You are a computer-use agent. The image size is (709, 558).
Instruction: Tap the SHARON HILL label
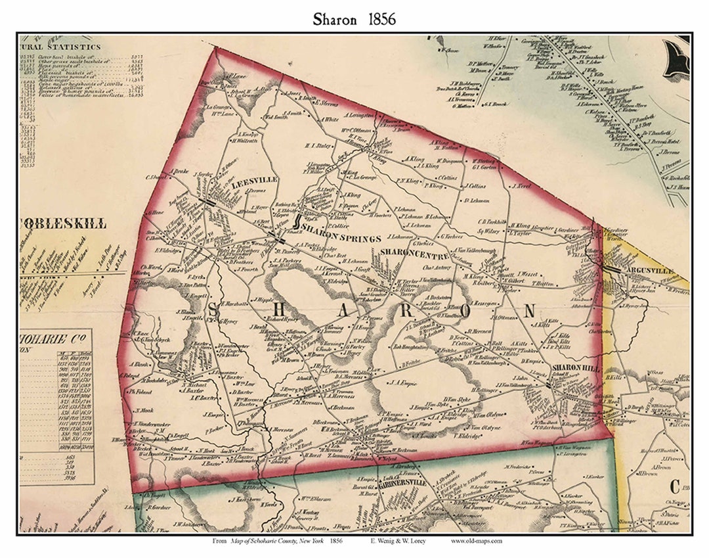[576, 368]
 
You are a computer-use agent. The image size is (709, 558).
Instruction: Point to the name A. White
[330, 120]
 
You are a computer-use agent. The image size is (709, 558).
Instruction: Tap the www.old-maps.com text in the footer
[477, 541]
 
